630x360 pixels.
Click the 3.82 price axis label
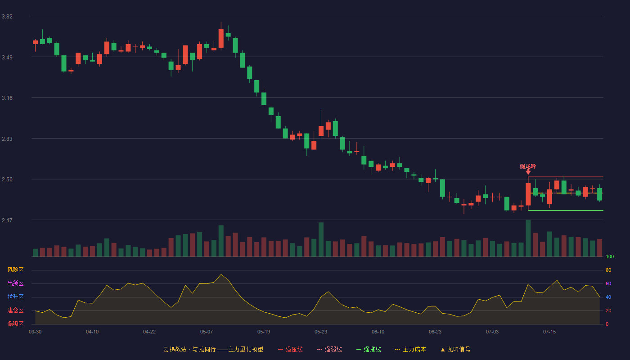point(7,17)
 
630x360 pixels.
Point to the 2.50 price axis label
point(7,180)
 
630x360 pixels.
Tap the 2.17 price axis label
point(7,220)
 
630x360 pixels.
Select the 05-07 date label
point(207,332)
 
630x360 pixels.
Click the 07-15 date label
point(549,332)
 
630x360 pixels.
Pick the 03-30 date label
point(35,332)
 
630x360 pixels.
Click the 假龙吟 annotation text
point(528,166)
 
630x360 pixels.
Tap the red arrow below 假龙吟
point(528,172)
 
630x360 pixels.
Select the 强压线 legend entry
point(291,349)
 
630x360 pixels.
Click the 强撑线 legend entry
point(369,349)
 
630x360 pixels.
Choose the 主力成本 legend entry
point(410,349)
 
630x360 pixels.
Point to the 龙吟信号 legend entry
point(455,349)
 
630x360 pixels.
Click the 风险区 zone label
point(15,270)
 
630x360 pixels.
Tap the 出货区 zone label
point(15,283)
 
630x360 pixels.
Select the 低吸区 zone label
point(15,324)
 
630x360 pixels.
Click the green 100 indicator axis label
point(610,256)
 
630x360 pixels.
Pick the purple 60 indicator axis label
point(608,283)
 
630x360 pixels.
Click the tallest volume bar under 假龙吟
point(528,238)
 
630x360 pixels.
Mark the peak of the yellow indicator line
point(221,274)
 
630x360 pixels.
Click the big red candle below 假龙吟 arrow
point(528,194)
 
